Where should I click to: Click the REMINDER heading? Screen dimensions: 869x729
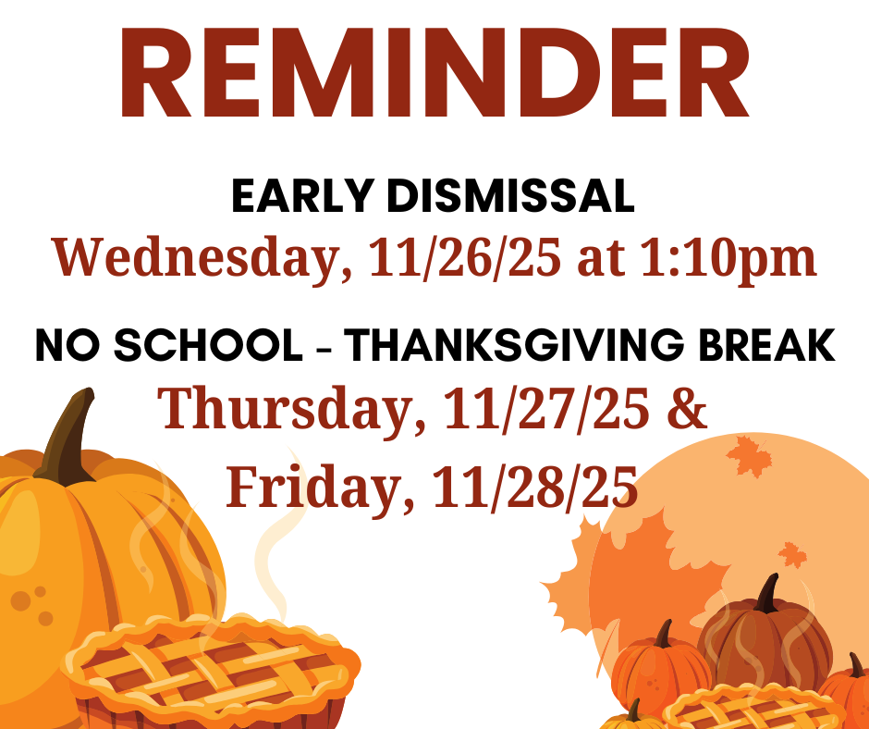tap(434, 72)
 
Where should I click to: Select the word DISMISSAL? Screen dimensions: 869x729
tap(510, 196)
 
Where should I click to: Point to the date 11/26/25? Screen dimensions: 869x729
tap(464, 257)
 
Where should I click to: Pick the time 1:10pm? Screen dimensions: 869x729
tap(728, 259)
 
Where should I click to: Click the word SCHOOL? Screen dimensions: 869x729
tap(208, 345)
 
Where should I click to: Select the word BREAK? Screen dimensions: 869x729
tap(766, 345)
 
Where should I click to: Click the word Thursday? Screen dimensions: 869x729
tap(291, 409)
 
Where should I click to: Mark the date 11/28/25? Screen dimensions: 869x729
tap(535, 487)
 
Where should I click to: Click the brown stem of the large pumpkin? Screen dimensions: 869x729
tap(67, 439)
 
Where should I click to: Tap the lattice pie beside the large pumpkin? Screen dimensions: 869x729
tap(211, 670)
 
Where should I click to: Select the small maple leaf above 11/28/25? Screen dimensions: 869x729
tap(749, 457)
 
